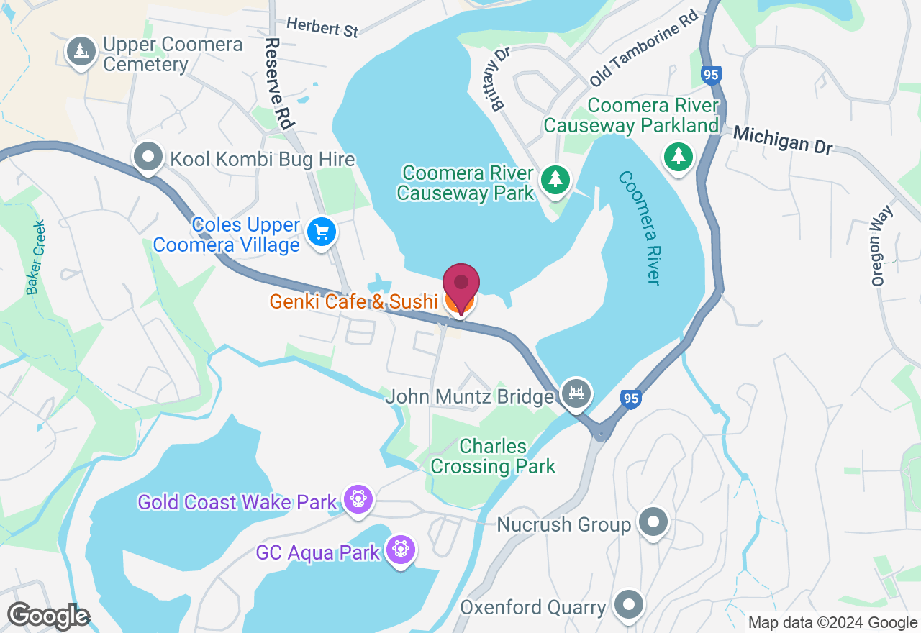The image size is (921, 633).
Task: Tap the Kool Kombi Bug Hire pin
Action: [148, 158]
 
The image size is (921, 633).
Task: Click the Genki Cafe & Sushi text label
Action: [353, 301]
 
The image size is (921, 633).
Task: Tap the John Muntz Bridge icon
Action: [576, 393]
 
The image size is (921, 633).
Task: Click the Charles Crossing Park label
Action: [493, 456]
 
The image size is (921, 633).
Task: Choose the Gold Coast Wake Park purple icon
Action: [358, 499]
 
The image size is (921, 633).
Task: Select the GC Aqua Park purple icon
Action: [400, 550]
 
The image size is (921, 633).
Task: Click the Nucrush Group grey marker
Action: [653, 522]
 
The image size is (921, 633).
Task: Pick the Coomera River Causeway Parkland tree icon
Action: [677, 156]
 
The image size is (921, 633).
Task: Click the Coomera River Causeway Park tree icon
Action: [555, 178]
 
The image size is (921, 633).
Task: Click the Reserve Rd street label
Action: [278, 83]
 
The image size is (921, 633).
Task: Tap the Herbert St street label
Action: [322, 27]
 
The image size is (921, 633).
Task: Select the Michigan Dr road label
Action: [783, 139]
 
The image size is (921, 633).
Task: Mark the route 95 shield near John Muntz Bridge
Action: [630, 399]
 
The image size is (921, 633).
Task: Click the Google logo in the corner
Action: [48, 616]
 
